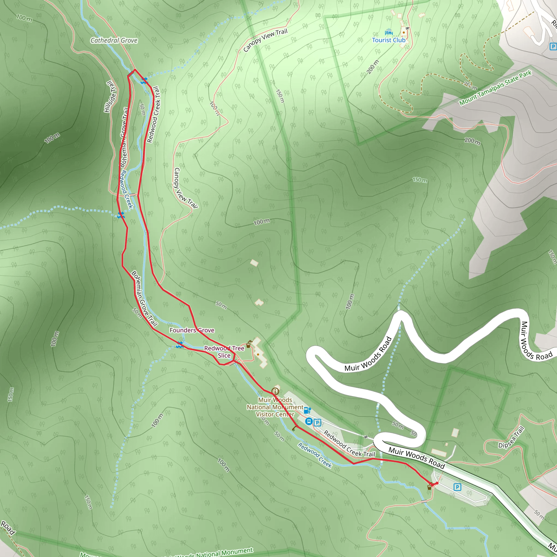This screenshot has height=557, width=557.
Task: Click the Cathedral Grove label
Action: (x=114, y=40)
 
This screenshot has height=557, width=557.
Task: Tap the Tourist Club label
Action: (x=389, y=40)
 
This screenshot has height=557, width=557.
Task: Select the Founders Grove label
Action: (x=192, y=330)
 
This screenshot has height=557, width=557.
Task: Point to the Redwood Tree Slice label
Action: (x=224, y=352)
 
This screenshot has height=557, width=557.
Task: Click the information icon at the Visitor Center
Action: (x=275, y=391)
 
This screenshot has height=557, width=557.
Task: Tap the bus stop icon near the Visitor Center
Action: (x=309, y=422)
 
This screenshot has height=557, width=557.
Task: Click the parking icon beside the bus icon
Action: (x=317, y=423)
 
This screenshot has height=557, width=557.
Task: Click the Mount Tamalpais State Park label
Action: (x=495, y=88)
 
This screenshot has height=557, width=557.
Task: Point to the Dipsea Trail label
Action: (x=511, y=437)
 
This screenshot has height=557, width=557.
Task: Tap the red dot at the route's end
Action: (x=437, y=483)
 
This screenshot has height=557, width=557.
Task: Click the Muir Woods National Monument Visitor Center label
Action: (x=275, y=407)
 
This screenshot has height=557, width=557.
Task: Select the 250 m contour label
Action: (x=471, y=86)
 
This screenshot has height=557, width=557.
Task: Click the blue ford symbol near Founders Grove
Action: (x=180, y=345)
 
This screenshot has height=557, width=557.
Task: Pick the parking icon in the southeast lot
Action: (x=457, y=487)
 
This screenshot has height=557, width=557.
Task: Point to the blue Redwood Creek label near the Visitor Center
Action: (x=315, y=455)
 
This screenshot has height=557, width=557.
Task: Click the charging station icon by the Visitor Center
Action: (x=307, y=410)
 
